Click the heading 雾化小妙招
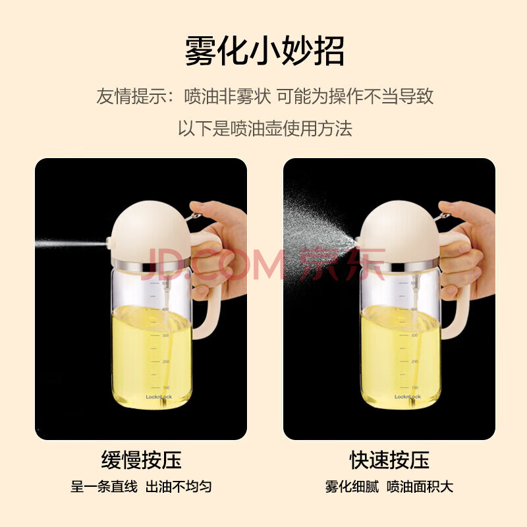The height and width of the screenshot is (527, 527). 265,51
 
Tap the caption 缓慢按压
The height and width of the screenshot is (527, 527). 141,460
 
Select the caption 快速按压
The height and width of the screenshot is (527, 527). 389,460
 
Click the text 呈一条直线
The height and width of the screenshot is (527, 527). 104,486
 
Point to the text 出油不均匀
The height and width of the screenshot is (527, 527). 179,486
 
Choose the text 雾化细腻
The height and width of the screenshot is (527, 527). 352,486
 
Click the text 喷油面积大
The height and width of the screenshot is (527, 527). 420,486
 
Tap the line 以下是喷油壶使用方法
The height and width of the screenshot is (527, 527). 265,128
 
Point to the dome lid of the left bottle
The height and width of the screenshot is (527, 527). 152,231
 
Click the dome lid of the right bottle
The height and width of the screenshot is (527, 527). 400,231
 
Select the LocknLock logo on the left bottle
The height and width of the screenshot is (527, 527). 159,397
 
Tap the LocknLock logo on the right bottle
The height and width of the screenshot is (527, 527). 407,397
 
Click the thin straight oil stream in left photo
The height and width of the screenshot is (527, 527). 71,242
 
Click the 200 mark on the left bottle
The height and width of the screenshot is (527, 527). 166,361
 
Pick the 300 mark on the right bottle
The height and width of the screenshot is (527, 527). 414,335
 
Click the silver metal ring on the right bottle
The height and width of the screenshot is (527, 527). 400,265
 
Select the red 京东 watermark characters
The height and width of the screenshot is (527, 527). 342,264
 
